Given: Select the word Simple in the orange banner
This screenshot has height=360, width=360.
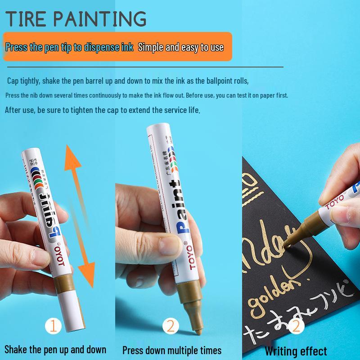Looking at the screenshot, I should tap(151, 47).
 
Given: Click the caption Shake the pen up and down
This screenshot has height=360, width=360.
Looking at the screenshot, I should tap(55, 349).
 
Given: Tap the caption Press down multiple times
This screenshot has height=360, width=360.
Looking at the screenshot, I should tap(172, 350).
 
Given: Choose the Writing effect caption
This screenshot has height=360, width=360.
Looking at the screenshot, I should tap(296, 351).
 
